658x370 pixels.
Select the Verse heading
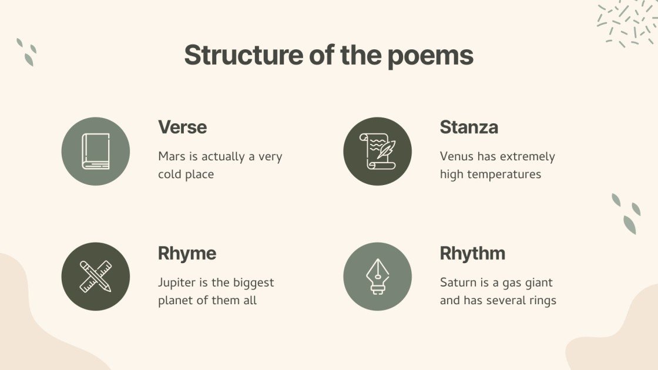182,127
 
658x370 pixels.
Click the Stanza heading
469,127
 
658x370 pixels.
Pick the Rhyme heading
187,253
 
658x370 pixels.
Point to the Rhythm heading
472,253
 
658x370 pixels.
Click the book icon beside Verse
96,151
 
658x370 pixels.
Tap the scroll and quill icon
377,151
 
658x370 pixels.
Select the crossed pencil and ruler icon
96,277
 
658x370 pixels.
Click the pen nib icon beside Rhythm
377,277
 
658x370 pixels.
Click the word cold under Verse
171,174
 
